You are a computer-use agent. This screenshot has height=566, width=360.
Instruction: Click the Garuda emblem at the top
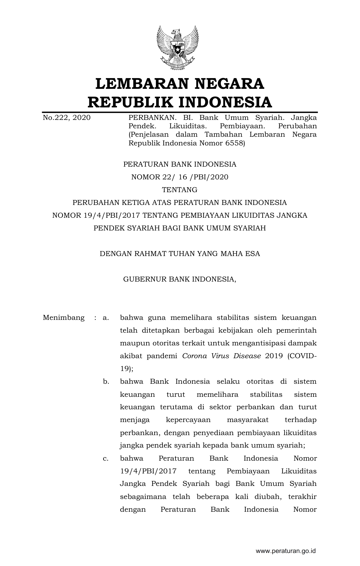pos(177,48)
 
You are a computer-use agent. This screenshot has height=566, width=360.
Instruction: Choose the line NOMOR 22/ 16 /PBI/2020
pos(180,177)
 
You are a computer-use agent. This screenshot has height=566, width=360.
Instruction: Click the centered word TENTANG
pos(180,190)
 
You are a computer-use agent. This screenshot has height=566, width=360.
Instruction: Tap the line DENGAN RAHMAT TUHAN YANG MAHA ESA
pos(180,254)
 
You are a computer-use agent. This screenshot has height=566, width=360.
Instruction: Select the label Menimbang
pos(64,318)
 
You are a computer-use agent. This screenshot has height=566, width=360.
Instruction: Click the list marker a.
pos(106,318)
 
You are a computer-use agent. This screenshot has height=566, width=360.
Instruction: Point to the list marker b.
pos(106,381)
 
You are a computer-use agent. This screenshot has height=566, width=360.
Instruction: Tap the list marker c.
pos(106,458)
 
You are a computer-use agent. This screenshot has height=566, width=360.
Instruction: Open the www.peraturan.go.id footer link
pos(285,550)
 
